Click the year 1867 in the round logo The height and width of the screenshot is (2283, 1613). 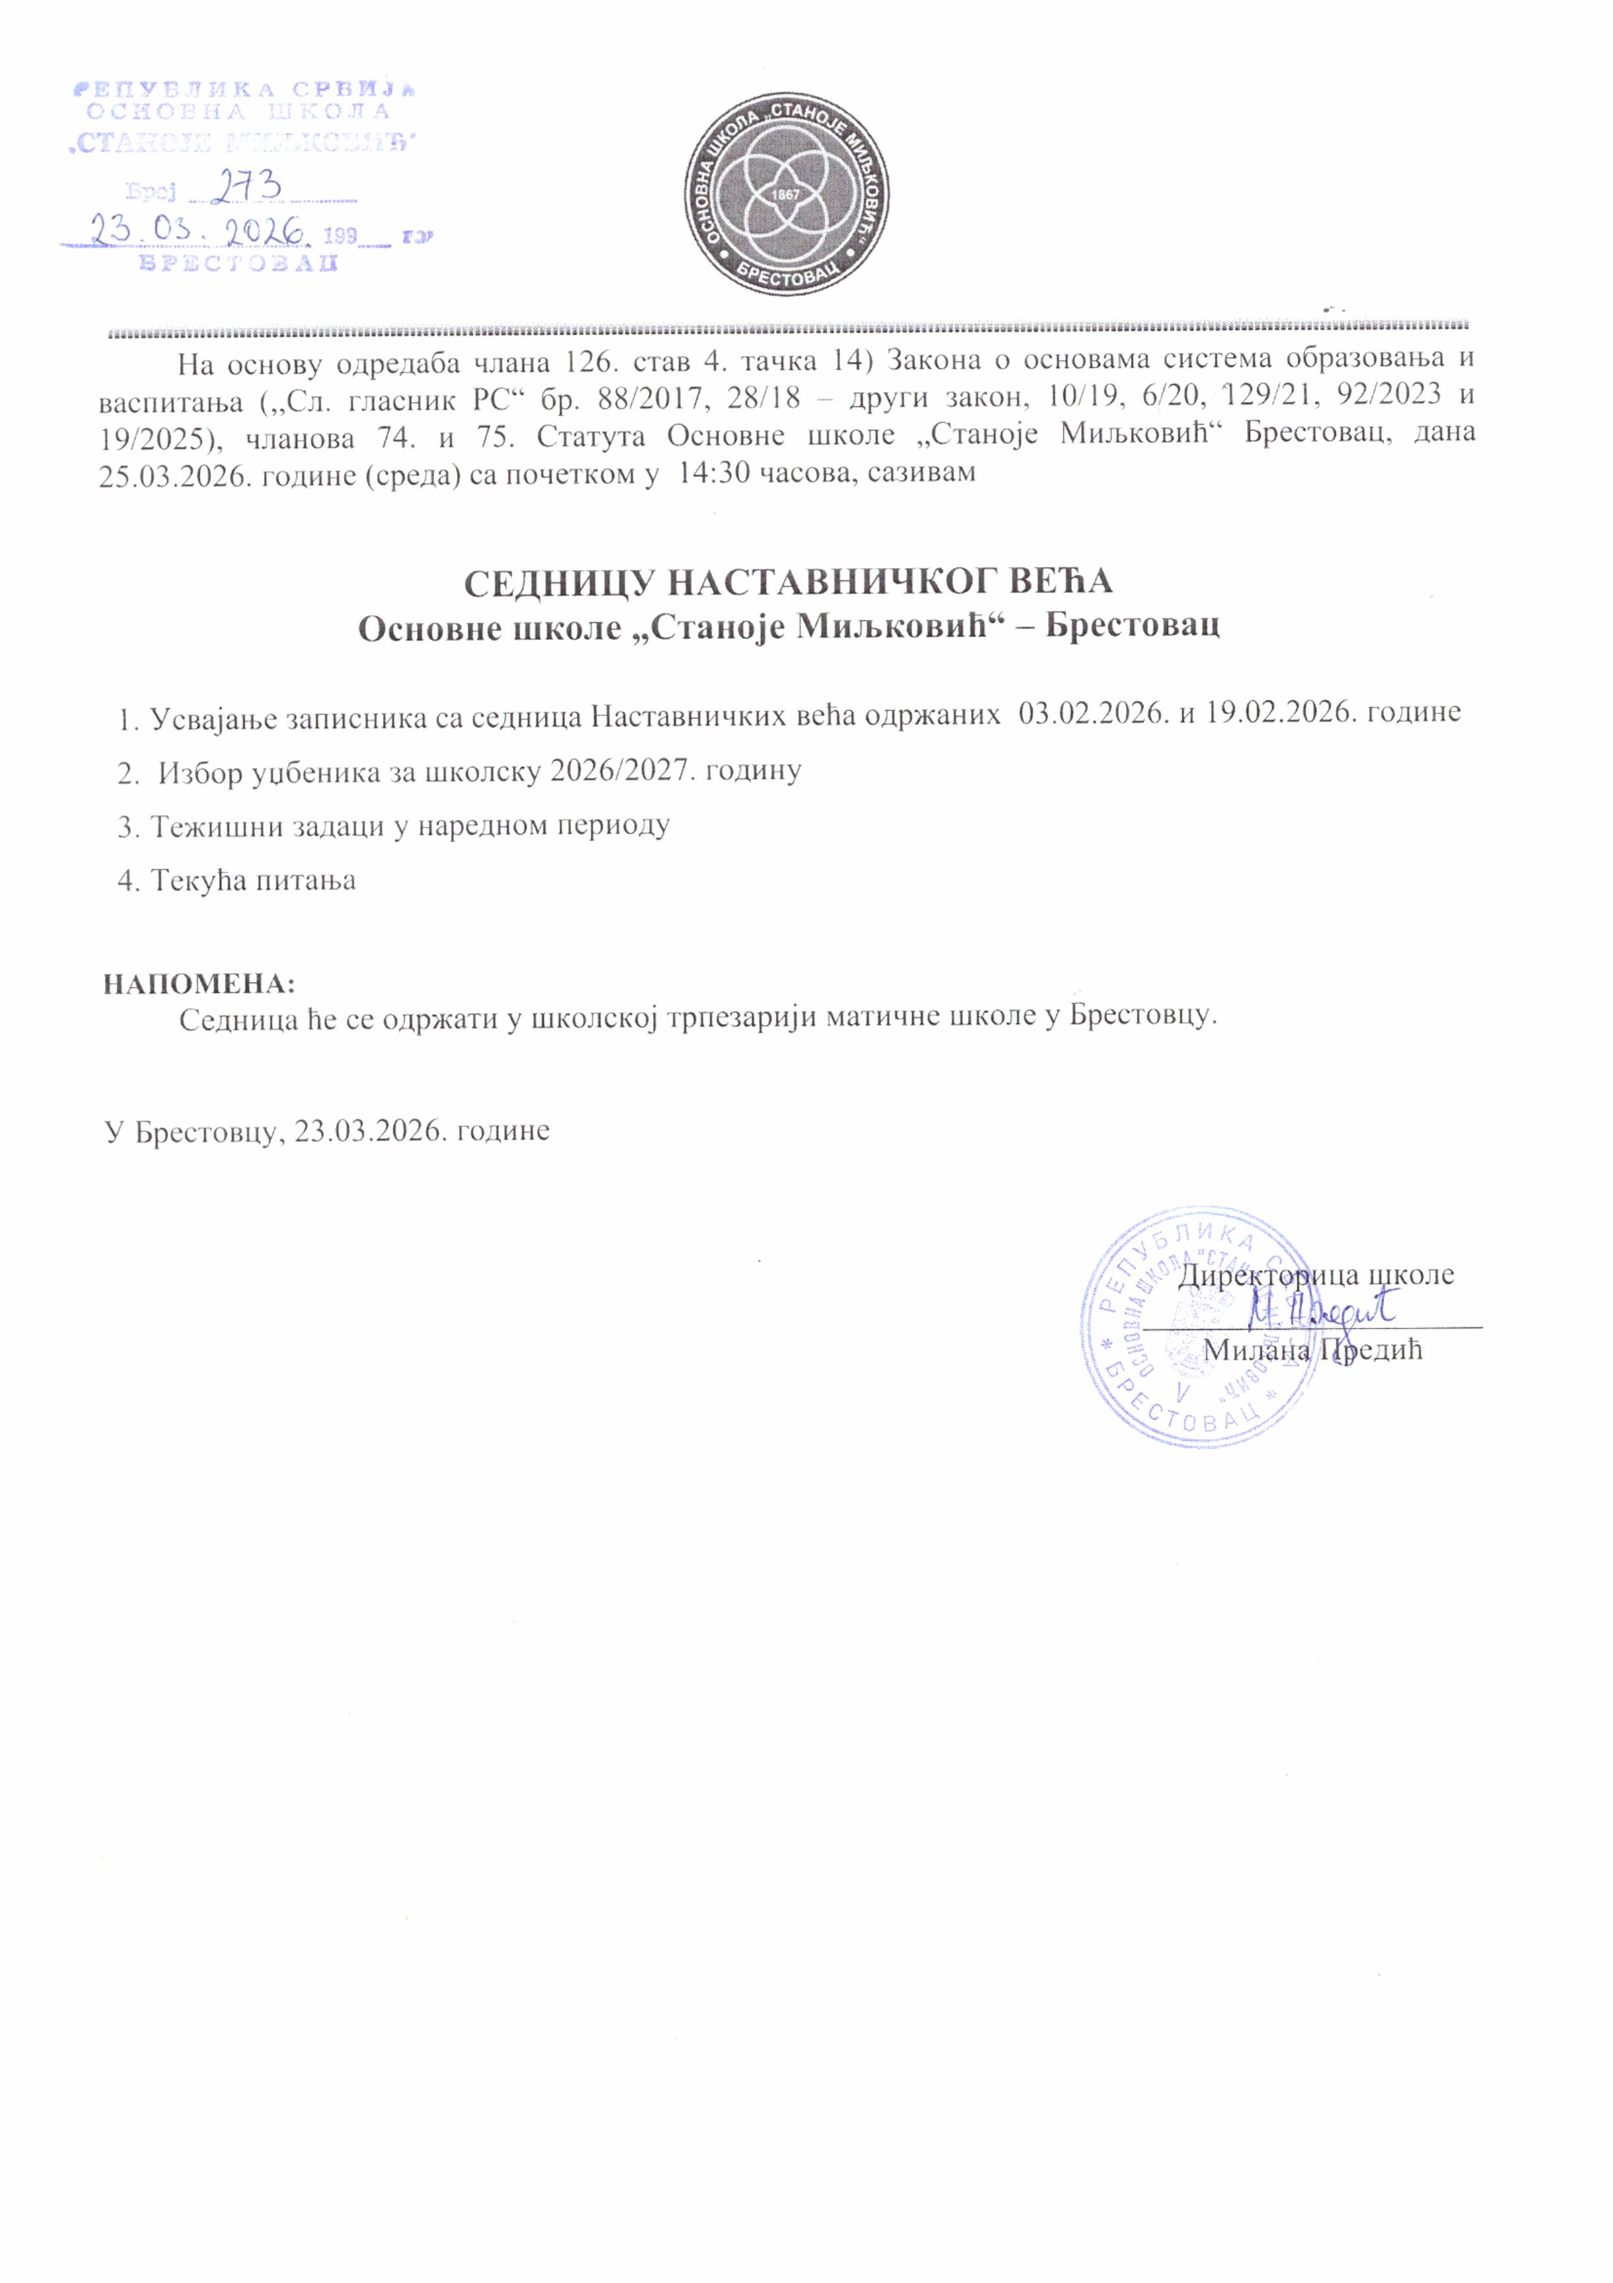pyautogui.click(x=785, y=196)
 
